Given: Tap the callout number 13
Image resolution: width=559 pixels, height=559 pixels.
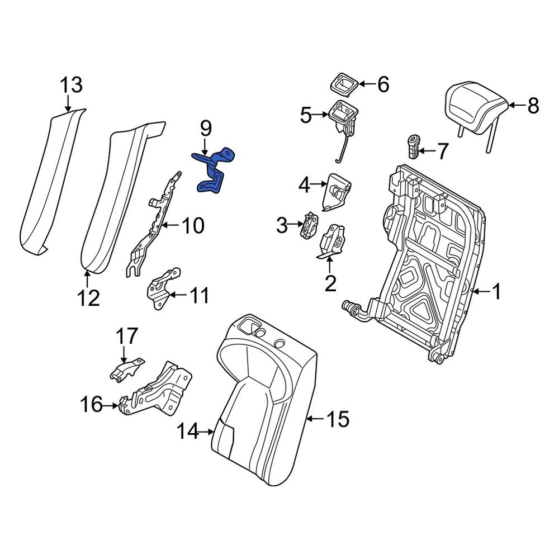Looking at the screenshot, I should (71, 86).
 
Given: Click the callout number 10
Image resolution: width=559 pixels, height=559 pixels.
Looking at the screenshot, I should (193, 226).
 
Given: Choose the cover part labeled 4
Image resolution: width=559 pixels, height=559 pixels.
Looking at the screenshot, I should (339, 190).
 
